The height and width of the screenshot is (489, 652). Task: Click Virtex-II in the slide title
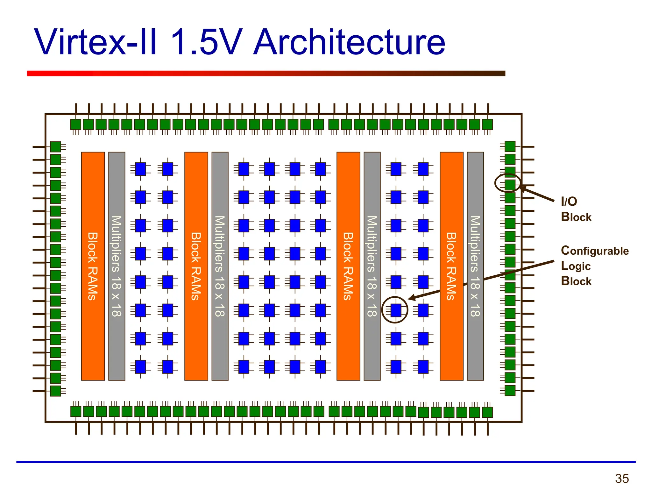pos(96,42)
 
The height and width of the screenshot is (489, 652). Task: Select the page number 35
pos(622,478)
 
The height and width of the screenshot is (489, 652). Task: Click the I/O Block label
pos(576,209)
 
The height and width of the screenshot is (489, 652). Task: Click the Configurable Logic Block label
pos(594,266)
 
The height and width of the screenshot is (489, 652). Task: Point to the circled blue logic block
pos(396,310)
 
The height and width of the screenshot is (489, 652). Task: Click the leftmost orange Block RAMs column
pos(93,266)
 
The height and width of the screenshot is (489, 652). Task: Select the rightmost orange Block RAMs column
pos(451,266)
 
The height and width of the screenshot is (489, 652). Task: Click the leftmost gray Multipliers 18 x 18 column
pos(117,266)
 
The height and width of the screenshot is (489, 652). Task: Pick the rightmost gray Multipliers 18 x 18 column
pos(475,266)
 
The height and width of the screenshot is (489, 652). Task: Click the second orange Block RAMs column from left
pos(196,266)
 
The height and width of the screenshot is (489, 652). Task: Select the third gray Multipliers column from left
pos(372,266)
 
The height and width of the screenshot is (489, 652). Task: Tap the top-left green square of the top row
pos(76,124)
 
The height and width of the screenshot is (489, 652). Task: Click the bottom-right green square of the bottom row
pos(487,412)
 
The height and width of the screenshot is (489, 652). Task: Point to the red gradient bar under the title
pos(266,73)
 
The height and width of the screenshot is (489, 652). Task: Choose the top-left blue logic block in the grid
pos(140,169)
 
